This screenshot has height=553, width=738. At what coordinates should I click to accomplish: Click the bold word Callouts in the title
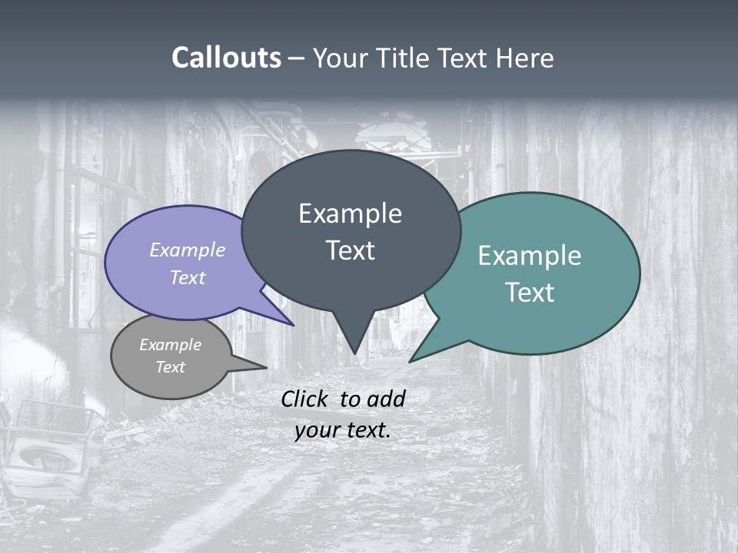226,58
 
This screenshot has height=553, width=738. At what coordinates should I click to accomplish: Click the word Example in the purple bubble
188,250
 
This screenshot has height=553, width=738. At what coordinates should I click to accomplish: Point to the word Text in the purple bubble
188,277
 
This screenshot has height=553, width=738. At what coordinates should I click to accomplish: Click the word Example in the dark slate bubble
350,214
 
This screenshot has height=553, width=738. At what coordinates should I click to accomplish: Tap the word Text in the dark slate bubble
350,250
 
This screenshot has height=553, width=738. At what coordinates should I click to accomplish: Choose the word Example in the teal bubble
530,256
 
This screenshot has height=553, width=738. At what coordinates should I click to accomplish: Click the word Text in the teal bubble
530,293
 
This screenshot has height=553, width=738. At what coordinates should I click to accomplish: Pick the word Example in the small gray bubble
170,345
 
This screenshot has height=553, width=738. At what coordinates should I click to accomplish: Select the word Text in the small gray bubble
170,367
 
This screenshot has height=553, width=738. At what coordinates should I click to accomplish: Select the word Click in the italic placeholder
304,399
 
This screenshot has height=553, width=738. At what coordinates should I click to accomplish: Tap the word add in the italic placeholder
386,399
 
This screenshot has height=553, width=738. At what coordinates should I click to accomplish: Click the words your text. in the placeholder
342,430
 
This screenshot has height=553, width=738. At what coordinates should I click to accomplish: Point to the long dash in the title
297,58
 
